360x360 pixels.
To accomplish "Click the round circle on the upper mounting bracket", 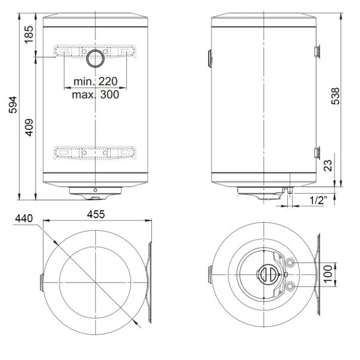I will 95,58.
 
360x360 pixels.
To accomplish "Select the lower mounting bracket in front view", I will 95,154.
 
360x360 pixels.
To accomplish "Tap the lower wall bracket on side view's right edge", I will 317,153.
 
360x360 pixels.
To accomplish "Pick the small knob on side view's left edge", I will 210,58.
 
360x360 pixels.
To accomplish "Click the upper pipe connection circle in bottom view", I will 290,263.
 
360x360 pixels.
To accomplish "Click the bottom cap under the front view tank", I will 95,191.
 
